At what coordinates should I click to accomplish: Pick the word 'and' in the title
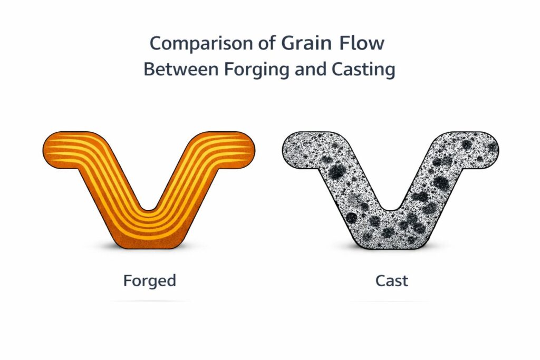308,70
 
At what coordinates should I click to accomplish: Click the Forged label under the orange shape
150,280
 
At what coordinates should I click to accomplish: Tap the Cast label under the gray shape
392,280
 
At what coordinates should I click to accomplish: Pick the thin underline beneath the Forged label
150,301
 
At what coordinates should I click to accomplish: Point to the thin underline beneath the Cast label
392,301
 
